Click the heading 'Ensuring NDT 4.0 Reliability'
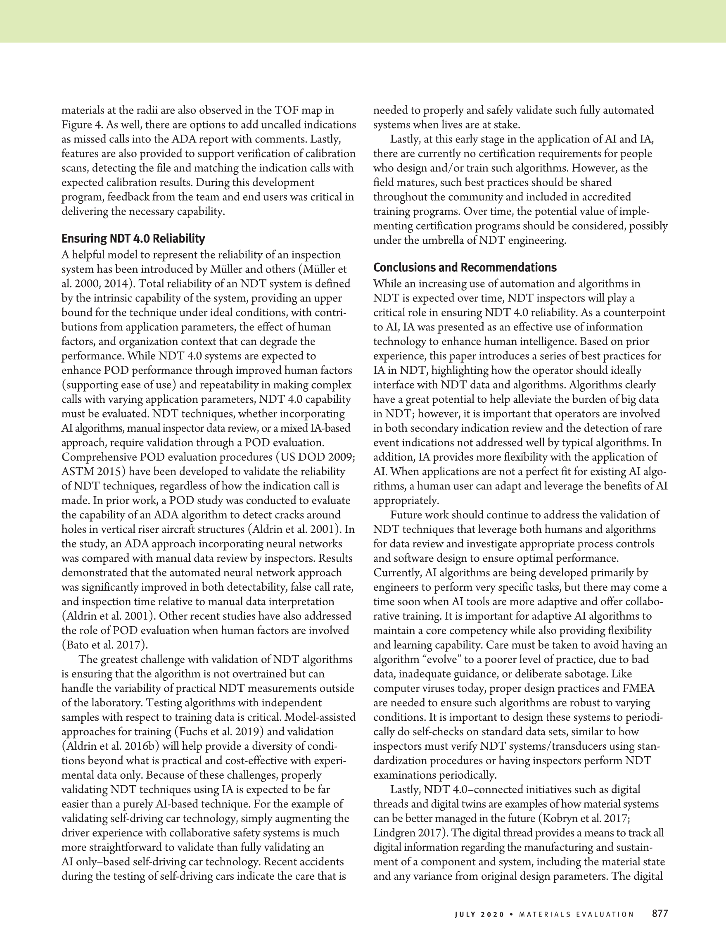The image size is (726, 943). (x=133, y=239)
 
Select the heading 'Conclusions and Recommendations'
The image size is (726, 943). (x=465, y=268)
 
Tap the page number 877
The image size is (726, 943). (x=660, y=913)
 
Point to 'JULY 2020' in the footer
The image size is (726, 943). (x=479, y=914)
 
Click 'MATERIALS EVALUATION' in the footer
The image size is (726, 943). (x=576, y=914)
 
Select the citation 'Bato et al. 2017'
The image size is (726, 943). (x=104, y=645)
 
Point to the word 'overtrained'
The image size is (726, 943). (x=271, y=674)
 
